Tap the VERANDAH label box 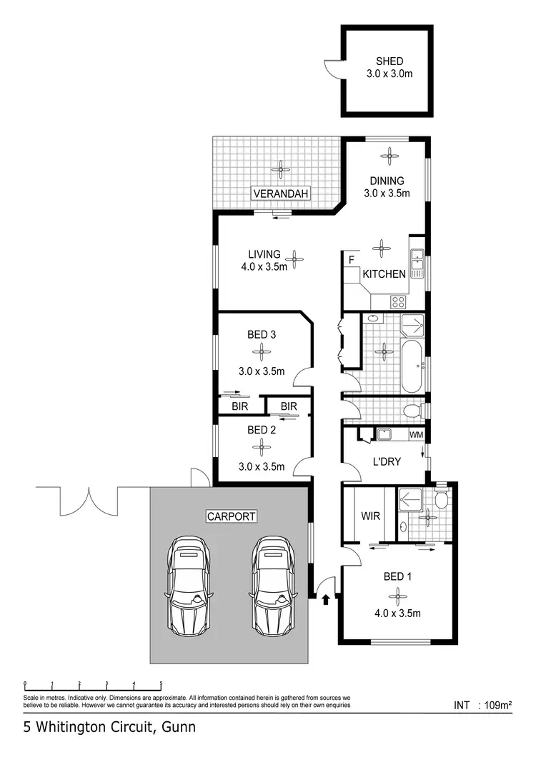tap(279, 194)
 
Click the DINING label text tap(387, 181)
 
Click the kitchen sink tap(417, 264)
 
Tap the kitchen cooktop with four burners tap(398, 302)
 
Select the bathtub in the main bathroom tap(412, 366)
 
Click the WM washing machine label tap(416, 434)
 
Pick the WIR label tap(369, 515)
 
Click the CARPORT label tap(231, 516)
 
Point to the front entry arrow tap(326, 598)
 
